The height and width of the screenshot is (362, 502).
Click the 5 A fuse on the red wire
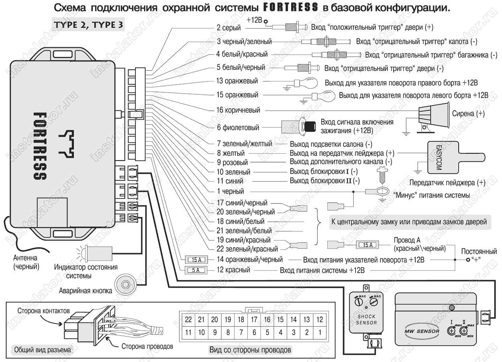pyautogui.click(x=196, y=270)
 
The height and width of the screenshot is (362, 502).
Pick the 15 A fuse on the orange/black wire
pyautogui.click(x=196, y=260)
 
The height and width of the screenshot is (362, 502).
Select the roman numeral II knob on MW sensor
pyautogui.click(x=464, y=331)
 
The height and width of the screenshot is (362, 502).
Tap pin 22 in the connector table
pyautogui.click(x=188, y=319)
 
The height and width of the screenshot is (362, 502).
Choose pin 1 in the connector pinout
pyautogui.click(x=320, y=332)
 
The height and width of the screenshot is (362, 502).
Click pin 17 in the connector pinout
pyautogui.click(x=254, y=319)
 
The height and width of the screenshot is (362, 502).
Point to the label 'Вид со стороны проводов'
pyautogui.click(x=250, y=350)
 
